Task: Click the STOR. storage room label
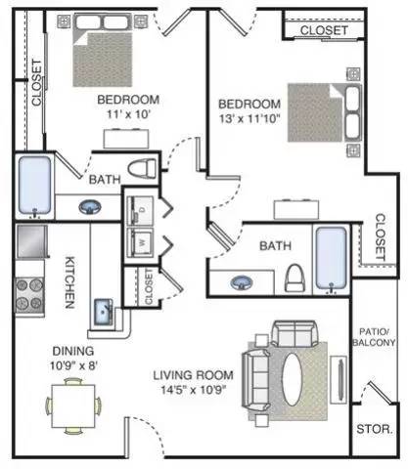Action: [x=375, y=429]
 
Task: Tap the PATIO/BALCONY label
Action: [x=374, y=337]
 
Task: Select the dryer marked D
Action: [x=140, y=210]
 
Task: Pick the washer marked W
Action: [x=140, y=242]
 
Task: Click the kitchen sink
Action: [x=104, y=312]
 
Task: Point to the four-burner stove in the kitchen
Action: [x=29, y=294]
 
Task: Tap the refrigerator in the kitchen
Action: [x=31, y=241]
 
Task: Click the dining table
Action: [x=73, y=406]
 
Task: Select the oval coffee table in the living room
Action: [x=293, y=379]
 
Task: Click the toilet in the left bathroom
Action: [x=142, y=169]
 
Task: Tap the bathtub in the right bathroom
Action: [x=332, y=259]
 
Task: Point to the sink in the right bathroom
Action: [x=242, y=282]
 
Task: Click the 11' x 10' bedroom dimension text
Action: [x=128, y=114]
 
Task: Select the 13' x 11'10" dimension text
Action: [x=249, y=118]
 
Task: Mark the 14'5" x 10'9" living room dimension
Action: [x=194, y=390]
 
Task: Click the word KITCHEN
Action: [x=69, y=282]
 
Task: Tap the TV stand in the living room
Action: [x=339, y=380]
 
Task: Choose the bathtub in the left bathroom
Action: [x=34, y=185]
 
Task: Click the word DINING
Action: [x=73, y=351]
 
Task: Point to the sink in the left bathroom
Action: [x=90, y=207]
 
